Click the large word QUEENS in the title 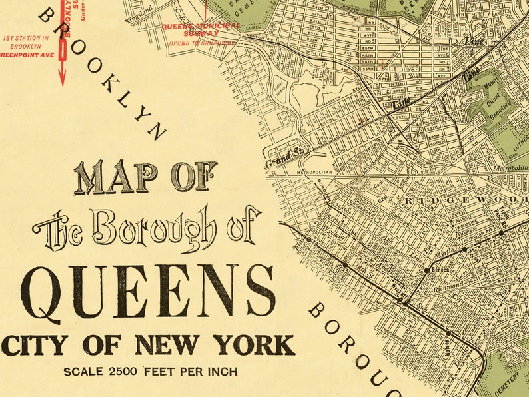[148, 291]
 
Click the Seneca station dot [426, 270]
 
